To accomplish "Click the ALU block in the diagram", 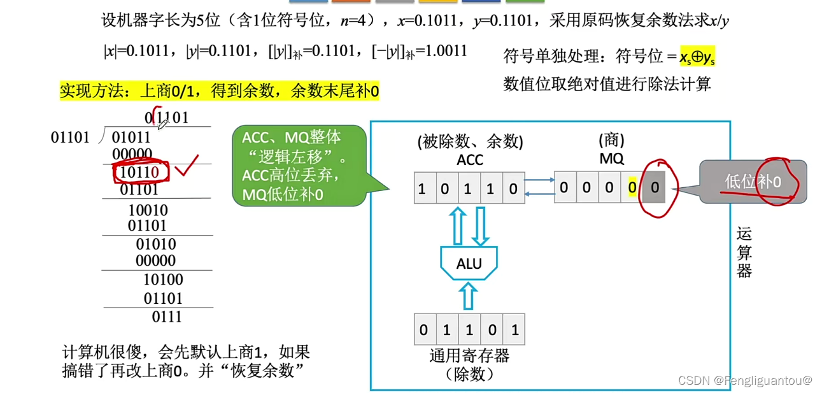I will [469, 263].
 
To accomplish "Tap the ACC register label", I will [469, 159].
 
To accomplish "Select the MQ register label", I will [611, 158].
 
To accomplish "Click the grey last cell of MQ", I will [655, 188].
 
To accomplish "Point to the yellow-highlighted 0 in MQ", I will [632, 188].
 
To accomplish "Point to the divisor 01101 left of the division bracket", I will [70, 137].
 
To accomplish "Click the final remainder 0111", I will [167, 317].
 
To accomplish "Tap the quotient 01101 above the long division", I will [167, 118].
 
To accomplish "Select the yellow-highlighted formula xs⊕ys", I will [698, 57].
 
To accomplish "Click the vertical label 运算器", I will [744, 252].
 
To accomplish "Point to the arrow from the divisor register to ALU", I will [469, 296].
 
